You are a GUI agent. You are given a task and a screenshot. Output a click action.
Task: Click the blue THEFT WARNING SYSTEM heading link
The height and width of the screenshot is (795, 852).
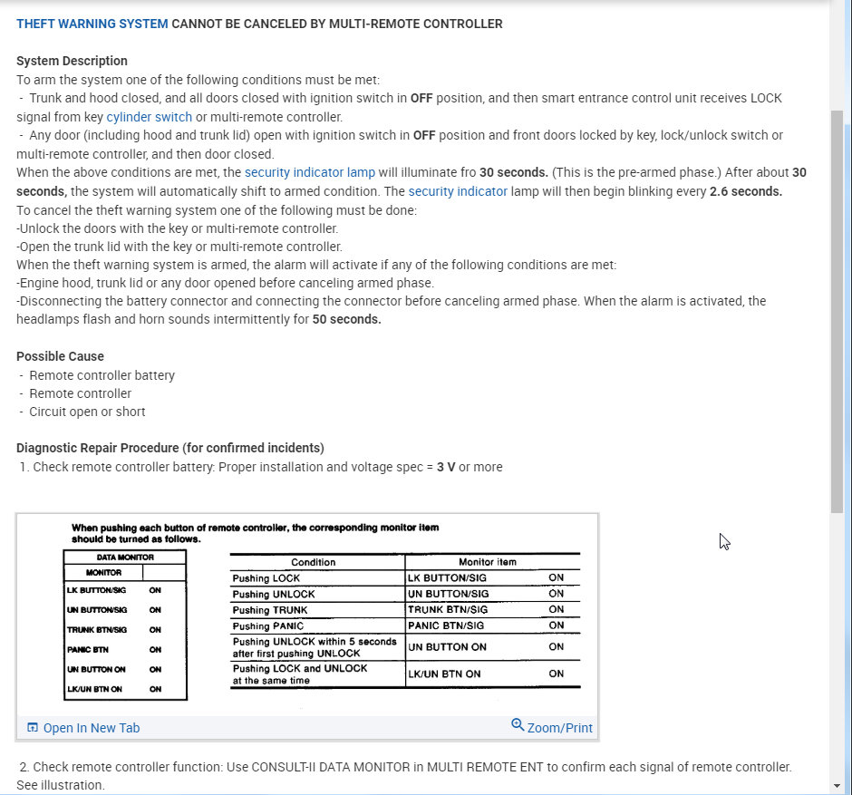[92, 24]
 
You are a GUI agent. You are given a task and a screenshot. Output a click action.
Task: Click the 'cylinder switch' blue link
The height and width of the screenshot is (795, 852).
[149, 117]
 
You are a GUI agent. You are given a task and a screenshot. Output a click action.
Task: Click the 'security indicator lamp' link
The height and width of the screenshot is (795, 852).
[309, 172]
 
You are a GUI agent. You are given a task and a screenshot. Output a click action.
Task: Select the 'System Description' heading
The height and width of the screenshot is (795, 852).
[72, 61]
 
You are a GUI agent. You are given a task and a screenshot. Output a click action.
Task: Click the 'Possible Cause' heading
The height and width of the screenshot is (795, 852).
[60, 356]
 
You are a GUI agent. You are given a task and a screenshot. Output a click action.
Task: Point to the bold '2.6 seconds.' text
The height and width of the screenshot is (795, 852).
[745, 191]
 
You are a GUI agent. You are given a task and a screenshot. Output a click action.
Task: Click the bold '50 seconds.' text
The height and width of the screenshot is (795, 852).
[346, 319]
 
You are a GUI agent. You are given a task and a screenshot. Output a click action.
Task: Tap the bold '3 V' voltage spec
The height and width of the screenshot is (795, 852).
[446, 467]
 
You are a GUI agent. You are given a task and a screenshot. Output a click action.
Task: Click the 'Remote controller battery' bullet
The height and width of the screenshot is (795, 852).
[102, 375]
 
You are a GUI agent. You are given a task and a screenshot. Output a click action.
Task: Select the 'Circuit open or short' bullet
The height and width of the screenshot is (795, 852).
[87, 412]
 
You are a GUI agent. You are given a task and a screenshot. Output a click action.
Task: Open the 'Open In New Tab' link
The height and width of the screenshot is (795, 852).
[91, 728]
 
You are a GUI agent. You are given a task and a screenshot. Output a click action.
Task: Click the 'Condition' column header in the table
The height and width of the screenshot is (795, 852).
[314, 562]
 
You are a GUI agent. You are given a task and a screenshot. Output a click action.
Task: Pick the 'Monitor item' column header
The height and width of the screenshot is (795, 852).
[488, 562]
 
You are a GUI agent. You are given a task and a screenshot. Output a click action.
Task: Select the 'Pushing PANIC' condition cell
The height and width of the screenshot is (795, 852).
[268, 625]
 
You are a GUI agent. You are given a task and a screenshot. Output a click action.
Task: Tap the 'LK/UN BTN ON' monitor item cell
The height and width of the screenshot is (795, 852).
[444, 674]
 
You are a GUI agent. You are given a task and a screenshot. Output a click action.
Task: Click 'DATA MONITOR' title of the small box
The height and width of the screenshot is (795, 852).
[124, 557]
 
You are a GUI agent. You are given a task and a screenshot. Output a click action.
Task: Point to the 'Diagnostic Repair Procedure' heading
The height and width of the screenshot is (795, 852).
[170, 448]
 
